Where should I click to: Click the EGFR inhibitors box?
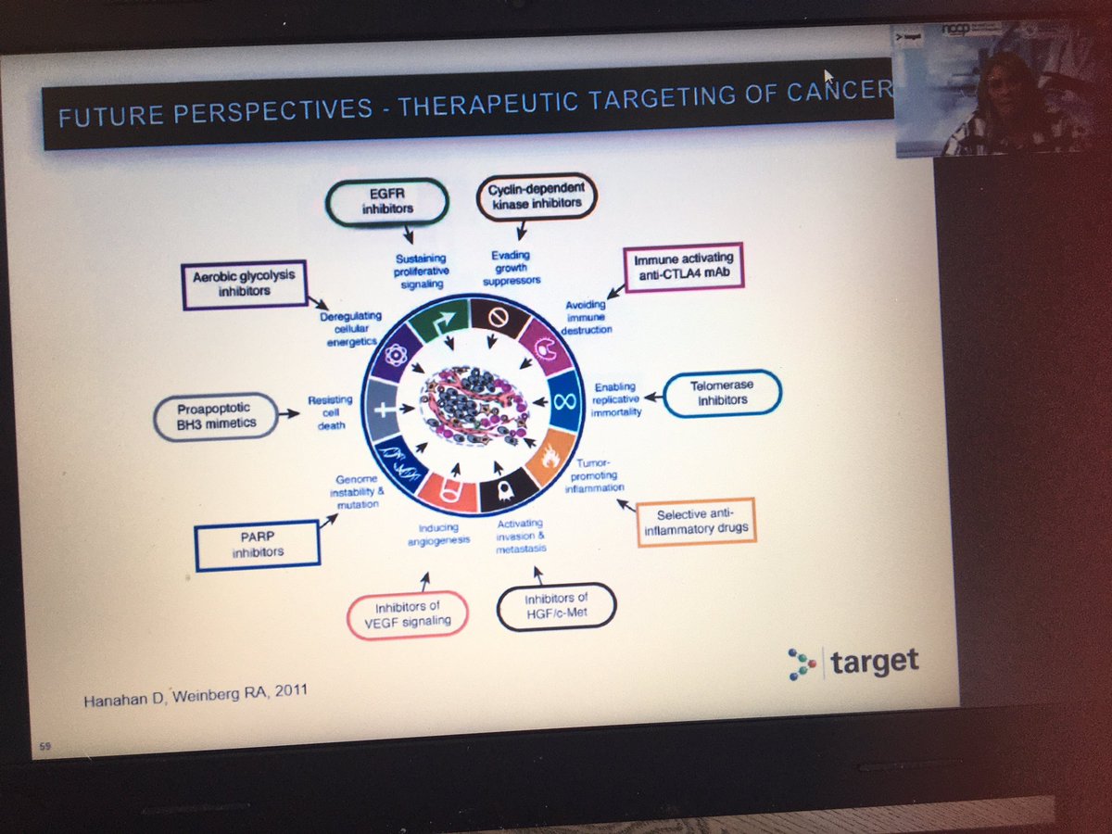(387, 200)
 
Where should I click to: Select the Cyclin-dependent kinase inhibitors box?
(537, 198)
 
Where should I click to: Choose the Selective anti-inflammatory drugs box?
(697, 521)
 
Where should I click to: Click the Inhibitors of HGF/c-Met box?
(556, 607)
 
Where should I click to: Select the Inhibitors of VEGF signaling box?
(407, 614)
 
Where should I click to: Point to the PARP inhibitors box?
(257, 546)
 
